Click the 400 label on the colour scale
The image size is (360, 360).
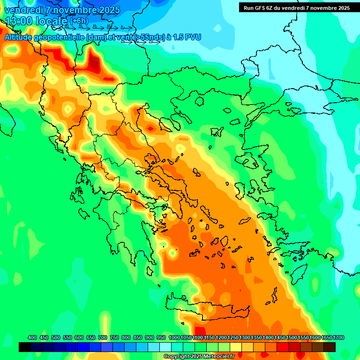pyautogui.click(x=32, y=337)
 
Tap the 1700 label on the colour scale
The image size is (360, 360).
pyautogui.click(x=327, y=337)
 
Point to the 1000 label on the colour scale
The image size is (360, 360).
pyautogui.click(x=174, y=337)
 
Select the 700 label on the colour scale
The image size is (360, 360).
pyautogui.click(x=103, y=337)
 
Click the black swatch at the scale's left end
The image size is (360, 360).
pyautogui.click(x=25, y=347)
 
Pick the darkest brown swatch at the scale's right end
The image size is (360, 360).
pyautogui.click(x=330, y=347)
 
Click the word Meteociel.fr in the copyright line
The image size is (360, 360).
pyautogui.click(x=218, y=357)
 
